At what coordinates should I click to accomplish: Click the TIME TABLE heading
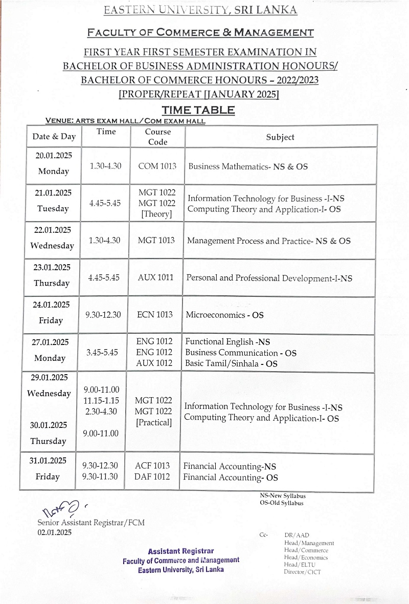pyautogui.click(x=198, y=110)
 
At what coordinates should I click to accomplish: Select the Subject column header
pyautogui.click(x=280, y=137)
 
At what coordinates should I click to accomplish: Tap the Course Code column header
pyautogui.click(x=157, y=137)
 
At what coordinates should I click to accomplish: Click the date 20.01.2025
pyautogui.click(x=51, y=156)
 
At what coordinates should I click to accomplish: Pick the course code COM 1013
pyautogui.click(x=157, y=166)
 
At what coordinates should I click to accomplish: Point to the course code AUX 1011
pyautogui.click(x=155, y=277)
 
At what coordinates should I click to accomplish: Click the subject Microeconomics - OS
pyautogui.click(x=225, y=315)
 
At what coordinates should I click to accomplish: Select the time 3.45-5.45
pyautogui.click(x=103, y=352)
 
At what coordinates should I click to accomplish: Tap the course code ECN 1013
pyautogui.click(x=155, y=314)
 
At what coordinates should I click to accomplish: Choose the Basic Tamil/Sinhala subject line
pyautogui.click(x=231, y=363)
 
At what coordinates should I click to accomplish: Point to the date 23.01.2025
pyautogui.click(x=51, y=267)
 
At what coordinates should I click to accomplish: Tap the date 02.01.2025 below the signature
pyautogui.click(x=55, y=532)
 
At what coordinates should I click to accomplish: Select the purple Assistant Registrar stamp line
pyautogui.click(x=180, y=551)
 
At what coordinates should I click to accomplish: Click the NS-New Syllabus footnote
pyautogui.click(x=283, y=495)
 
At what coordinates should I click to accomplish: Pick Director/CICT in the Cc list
pyautogui.click(x=302, y=572)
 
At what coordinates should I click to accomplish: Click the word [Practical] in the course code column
pyautogui.click(x=153, y=423)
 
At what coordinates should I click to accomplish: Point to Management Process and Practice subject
pyautogui.click(x=269, y=241)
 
